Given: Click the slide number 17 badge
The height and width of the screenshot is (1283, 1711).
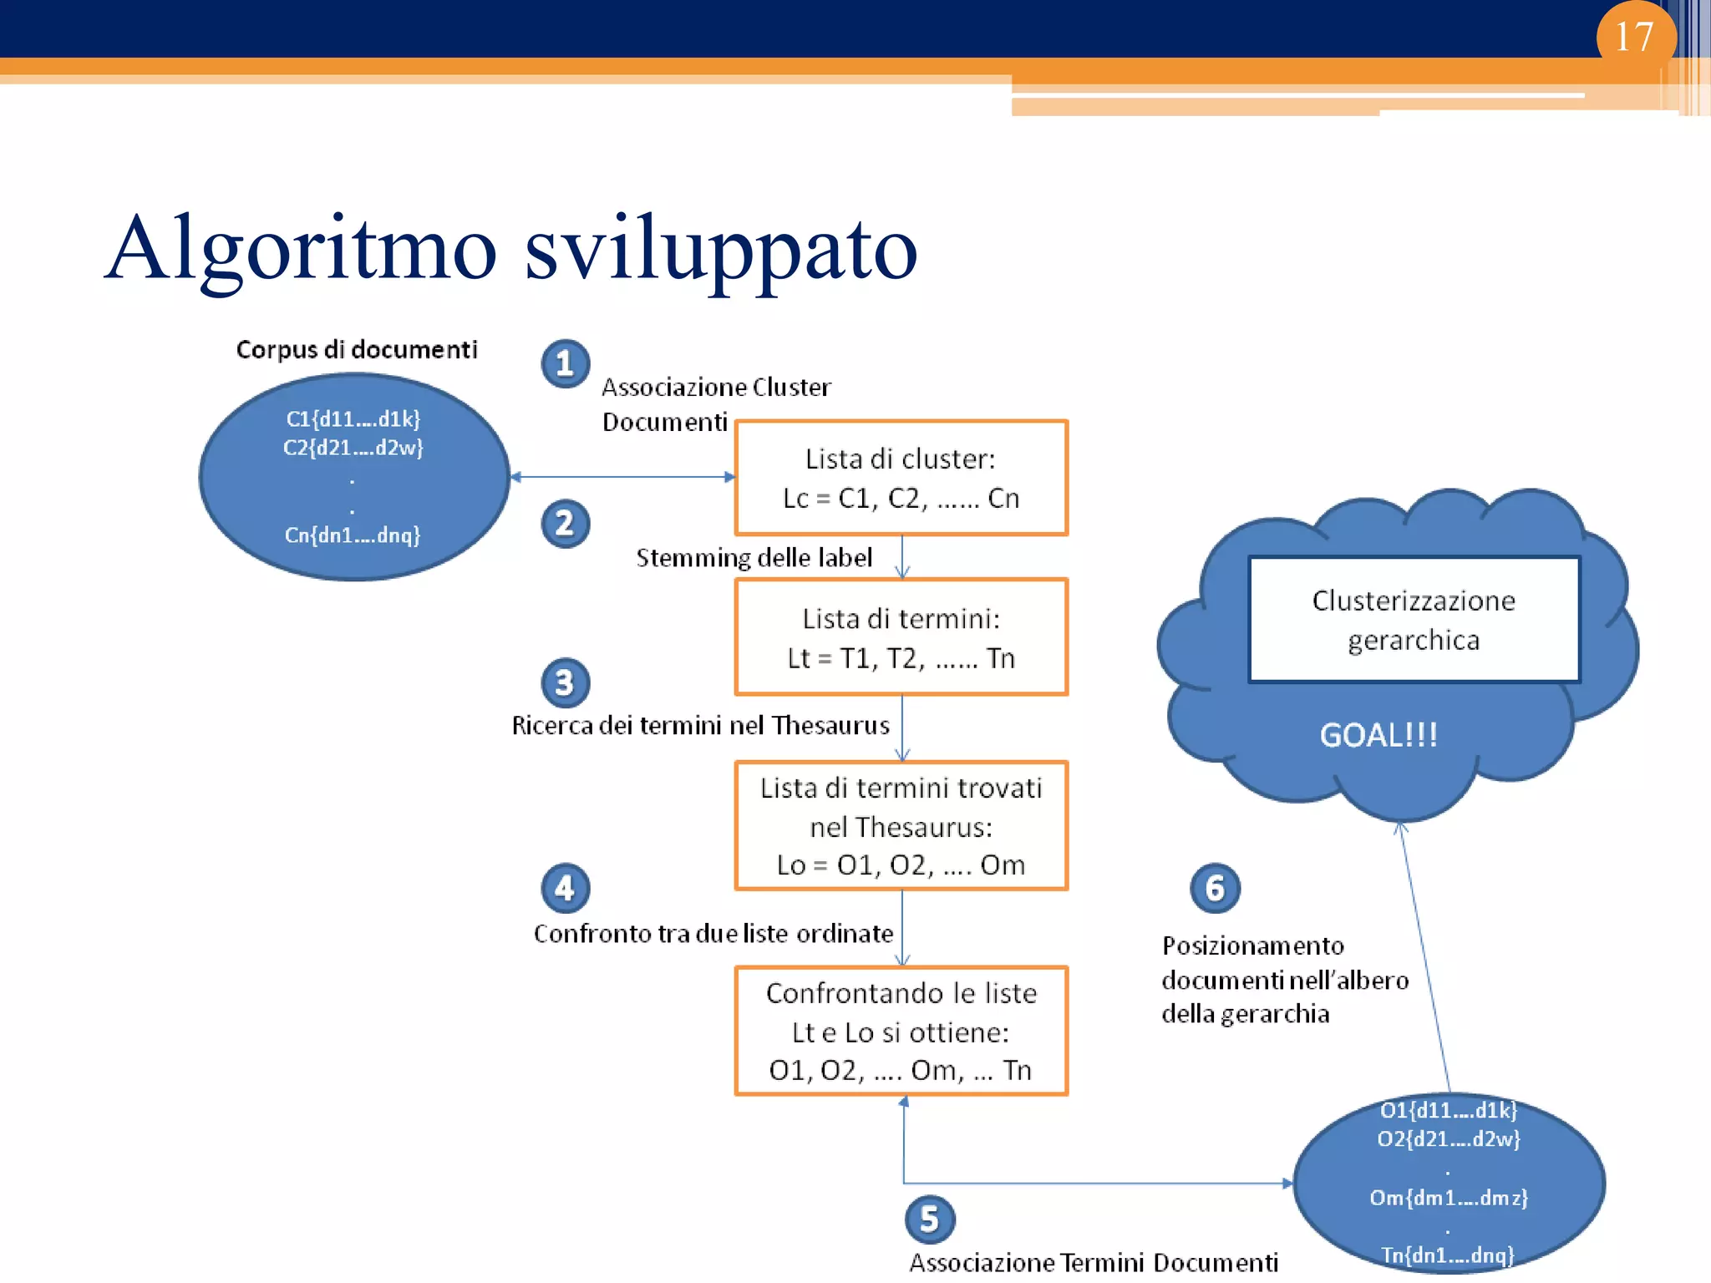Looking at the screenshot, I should (x=1635, y=37).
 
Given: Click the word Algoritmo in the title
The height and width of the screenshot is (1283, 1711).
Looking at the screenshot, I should (x=301, y=249).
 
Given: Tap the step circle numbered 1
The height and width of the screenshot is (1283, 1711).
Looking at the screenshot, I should (x=566, y=364).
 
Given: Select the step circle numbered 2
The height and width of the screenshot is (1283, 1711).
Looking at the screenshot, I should (x=566, y=524).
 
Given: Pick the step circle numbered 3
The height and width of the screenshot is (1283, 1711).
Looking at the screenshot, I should (x=566, y=682).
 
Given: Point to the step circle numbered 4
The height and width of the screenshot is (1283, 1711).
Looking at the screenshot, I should (x=566, y=888).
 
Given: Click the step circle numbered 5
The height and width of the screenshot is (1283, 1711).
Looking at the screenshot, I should (x=930, y=1220).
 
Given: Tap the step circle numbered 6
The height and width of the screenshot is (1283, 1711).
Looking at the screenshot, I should (x=1215, y=888).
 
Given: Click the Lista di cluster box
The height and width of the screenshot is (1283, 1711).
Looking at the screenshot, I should (x=901, y=478).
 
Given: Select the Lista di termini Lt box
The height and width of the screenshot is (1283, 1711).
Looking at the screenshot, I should (x=901, y=637).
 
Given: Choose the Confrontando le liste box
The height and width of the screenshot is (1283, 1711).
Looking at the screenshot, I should (x=901, y=1031).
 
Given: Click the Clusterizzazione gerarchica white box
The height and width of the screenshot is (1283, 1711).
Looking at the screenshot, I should (x=1414, y=620).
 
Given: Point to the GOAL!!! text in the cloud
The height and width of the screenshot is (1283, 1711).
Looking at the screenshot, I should (x=1378, y=735).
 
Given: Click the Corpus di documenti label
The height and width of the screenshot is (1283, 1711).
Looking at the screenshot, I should (x=357, y=349).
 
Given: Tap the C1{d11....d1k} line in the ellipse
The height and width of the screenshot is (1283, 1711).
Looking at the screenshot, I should (x=353, y=418).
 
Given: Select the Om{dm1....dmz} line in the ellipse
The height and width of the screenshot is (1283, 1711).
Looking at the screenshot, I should (x=1449, y=1198).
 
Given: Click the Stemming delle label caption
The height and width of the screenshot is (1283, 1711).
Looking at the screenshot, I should (x=754, y=557).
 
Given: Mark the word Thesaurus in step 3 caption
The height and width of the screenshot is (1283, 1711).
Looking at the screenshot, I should (x=830, y=725).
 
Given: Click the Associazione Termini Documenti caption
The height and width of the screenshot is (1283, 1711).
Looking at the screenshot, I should (x=1094, y=1262).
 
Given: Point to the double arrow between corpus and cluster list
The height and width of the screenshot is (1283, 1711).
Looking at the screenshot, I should (x=622, y=477).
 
